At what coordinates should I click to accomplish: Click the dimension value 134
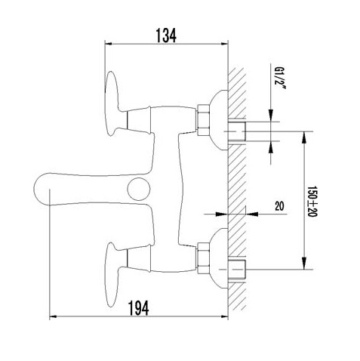pyautogui.click(x=166, y=35)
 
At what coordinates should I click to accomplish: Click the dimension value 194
pyautogui.click(x=139, y=308)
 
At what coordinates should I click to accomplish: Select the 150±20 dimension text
pyautogui.click(x=312, y=201)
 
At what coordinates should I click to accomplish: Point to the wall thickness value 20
pyautogui.click(x=279, y=206)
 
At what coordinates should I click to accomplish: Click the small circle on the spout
pyautogui.click(x=139, y=190)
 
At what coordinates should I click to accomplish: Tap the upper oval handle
pyautogui.click(x=112, y=103)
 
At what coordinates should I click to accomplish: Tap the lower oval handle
pyautogui.click(x=112, y=275)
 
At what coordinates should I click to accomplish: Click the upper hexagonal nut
pyautogui.click(x=204, y=120)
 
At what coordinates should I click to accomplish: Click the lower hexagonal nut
pyautogui.click(x=204, y=258)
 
